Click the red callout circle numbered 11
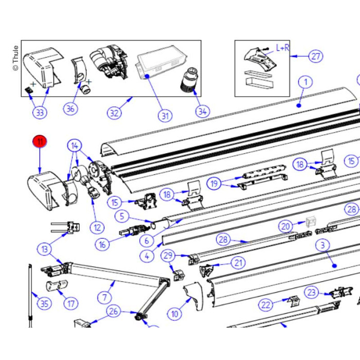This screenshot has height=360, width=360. (40, 141)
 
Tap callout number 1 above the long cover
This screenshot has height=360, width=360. (305, 82)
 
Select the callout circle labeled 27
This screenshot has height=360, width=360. (315, 56)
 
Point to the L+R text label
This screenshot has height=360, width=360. (283, 48)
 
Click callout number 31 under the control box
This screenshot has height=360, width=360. (164, 116)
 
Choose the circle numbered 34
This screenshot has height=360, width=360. (203, 110)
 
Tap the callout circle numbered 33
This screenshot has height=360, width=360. (40, 112)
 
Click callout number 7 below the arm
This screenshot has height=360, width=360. (105, 297)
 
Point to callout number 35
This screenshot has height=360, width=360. (44, 303)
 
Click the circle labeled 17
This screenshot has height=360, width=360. (71, 303)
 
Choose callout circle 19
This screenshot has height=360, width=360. (215, 183)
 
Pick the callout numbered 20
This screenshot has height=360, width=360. (286, 226)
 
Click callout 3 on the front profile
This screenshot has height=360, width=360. (322, 245)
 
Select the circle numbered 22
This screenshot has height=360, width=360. (265, 305)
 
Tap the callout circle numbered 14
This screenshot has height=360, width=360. (76, 146)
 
